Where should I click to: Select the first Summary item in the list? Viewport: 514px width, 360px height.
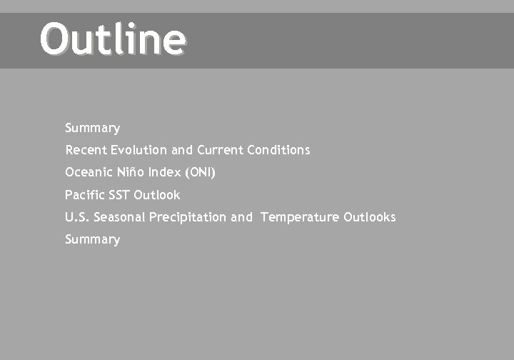tap(92, 128)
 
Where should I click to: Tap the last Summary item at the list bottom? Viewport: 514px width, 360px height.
tap(92, 239)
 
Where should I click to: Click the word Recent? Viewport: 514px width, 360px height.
tap(86, 150)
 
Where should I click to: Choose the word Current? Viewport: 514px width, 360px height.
tap(220, 150)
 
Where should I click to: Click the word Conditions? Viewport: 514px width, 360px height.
tap(278, 150)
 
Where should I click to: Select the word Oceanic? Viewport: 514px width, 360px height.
tap(87, 172)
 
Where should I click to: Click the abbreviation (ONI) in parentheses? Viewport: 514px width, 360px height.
tap(200, 172)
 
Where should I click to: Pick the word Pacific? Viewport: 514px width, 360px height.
tap(84, 194)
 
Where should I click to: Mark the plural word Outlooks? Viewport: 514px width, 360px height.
tap(369, 216)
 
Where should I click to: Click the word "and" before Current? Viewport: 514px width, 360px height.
tap(182, 150)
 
